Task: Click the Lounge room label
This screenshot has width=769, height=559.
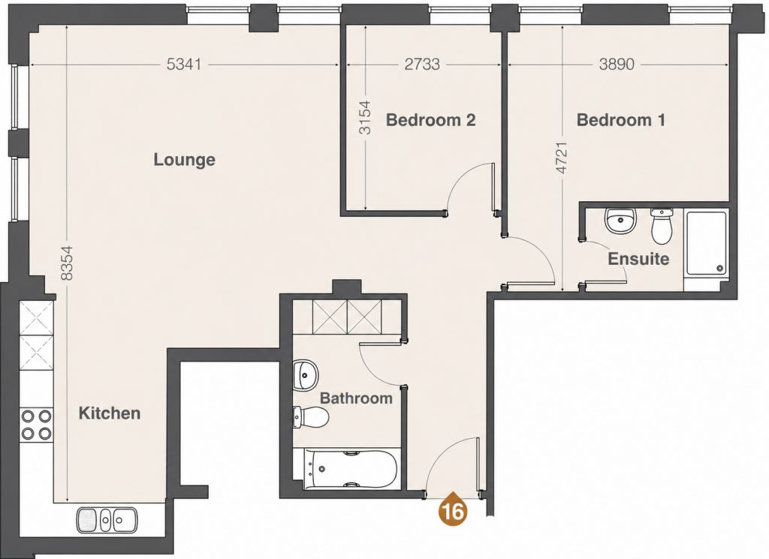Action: [x=185, y=160]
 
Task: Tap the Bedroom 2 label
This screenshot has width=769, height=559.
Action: [x=430, y=119]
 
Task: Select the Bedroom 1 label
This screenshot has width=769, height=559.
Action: [x=621, y=119]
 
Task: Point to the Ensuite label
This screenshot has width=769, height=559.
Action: [x=638, y=258]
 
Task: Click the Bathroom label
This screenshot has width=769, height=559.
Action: [x=356, y=398]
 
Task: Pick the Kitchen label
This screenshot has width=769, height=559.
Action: [x=110, y=413]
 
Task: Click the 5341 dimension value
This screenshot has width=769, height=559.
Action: [x=184, y=65]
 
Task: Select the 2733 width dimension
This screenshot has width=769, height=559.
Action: [x=422, y=65]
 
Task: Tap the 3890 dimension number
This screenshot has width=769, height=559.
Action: [x=617, y=65]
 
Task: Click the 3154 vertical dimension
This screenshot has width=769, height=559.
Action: [x=365, y=118]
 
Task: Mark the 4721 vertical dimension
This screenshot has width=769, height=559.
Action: [x=562, y=158]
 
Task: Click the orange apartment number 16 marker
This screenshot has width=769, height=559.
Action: [x=453, y=511]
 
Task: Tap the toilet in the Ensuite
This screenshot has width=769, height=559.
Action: [x=662, y=226]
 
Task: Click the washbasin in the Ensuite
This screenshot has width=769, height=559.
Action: [x=620, y=222]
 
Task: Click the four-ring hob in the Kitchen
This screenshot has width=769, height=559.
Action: [x=36, y=424]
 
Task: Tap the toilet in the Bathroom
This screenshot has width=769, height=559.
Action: [x=310, y=418]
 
